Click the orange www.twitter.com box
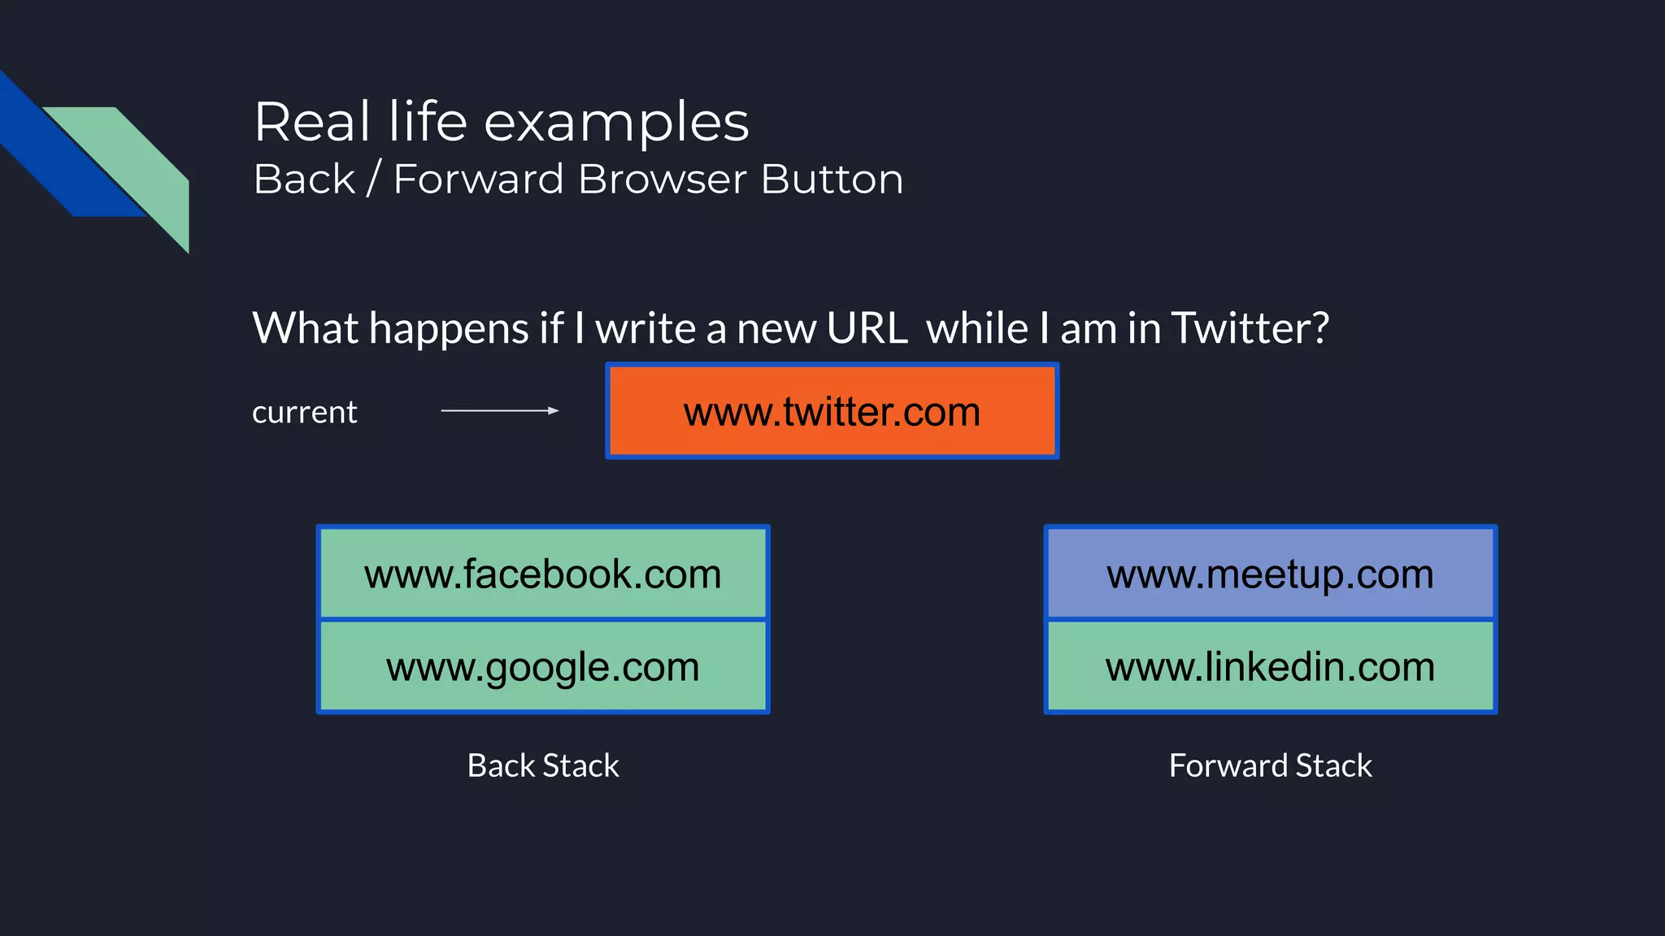[x=832, y=411]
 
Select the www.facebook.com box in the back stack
[x=543, y=574]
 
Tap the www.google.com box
[x=543, y=666]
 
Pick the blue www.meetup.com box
[x=1270, y=574]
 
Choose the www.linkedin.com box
[x=1270, y=666]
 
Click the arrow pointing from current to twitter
[x=500, y=411]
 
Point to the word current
[x=304, y=413]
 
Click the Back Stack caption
[x=543, y=765]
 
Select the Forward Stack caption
[x=1270, y=765]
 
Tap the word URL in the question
[x=867, y=328]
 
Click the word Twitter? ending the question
[x=1250, y=328]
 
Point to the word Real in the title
[x=312, y=122]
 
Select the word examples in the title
[x=616, y=123]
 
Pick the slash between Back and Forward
[x=373, y=180]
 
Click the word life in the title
[x=428, y=122]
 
